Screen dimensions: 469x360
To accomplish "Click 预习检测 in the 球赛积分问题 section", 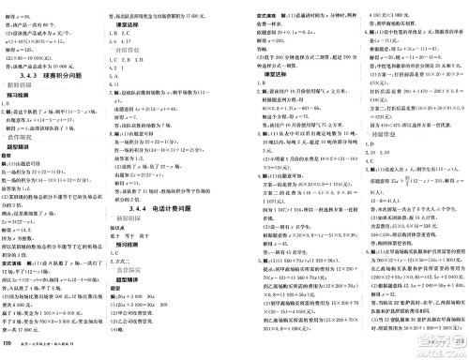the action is [x=23, y=84].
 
